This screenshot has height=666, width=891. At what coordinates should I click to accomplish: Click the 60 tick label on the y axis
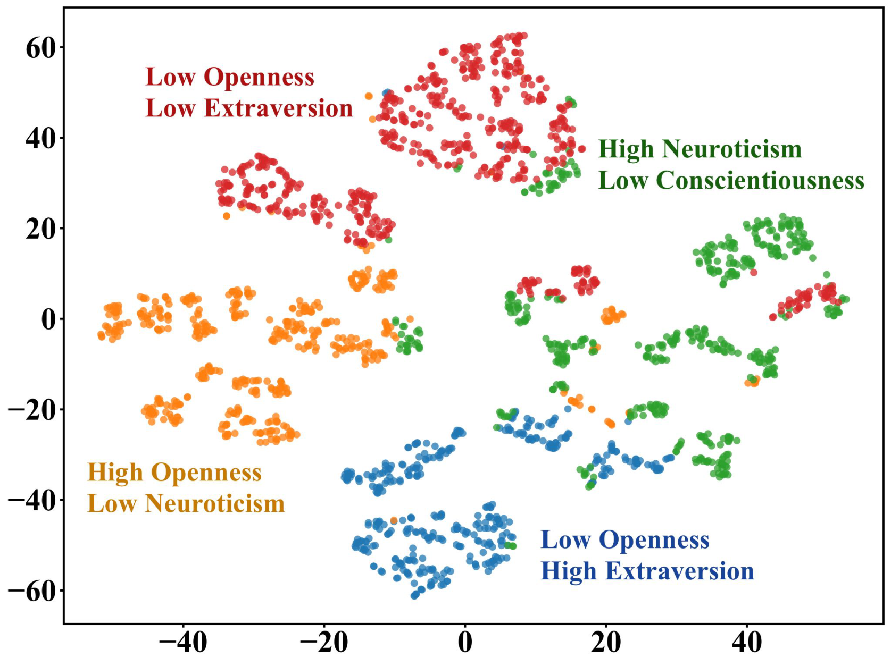coord(40,48)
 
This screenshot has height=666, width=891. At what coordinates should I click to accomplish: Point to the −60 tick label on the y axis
coord(32,592)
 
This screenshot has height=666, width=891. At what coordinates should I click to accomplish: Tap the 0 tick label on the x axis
coord(465,643)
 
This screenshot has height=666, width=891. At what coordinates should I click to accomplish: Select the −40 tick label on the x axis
coord(184,643)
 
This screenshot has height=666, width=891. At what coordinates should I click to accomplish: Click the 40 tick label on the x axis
coord(747,643)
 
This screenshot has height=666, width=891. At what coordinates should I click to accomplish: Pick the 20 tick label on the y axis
coord(40,230)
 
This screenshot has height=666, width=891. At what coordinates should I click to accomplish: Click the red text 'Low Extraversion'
coord(249,108)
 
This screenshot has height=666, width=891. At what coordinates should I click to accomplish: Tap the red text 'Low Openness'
coord(230,77)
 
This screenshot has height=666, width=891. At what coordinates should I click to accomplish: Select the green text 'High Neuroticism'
coord(700,149)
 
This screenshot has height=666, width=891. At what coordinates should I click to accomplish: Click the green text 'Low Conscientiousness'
coord(731,181)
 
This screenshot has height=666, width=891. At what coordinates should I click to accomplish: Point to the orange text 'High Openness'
coord(174,473)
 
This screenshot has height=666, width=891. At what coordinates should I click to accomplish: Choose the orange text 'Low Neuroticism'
coord(186,504)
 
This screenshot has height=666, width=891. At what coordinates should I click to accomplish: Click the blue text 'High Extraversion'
coord(647,571)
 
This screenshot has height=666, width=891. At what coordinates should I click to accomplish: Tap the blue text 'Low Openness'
coord(624,540)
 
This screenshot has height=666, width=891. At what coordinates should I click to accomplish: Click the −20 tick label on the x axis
coord(324,643)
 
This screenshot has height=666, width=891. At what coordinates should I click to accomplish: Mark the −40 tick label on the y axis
coord(32,501)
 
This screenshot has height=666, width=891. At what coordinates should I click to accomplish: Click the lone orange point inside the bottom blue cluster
coord(394,520)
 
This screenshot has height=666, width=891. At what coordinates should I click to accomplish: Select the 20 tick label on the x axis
coord(606,643)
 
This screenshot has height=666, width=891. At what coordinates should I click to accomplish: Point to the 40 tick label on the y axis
coord(40,139)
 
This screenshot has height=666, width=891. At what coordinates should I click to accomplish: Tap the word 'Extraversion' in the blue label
coord(679,571)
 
